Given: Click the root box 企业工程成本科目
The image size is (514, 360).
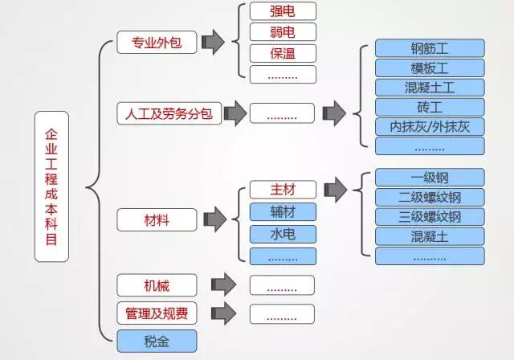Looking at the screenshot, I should [52, 186].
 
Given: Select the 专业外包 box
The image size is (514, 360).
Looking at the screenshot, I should [157, 43].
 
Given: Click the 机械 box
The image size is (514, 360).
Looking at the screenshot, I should [157, 284].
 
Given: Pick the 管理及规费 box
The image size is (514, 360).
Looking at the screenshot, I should [157, 312].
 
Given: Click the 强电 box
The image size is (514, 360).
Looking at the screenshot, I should [282, 11].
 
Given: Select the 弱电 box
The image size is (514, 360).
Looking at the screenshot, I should [282, 32].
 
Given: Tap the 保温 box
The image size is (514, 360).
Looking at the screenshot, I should [282, 53].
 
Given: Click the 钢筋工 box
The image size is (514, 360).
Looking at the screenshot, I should [430, 48].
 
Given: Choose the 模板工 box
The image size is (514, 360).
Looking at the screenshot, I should [430, 67].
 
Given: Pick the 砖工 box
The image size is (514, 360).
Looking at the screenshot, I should [430, 107].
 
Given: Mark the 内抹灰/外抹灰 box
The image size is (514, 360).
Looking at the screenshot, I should [430, 126].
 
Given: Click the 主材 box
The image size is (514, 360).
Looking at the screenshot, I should [282, 190].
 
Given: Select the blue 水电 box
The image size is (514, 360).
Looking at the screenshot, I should [282, 234].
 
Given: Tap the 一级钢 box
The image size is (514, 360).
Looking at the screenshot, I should [430, 178].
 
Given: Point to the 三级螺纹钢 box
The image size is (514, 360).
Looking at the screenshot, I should [430, 217].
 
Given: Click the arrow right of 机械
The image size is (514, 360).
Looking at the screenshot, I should [222, 284].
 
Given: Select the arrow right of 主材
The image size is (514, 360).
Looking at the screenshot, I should [335, 190].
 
